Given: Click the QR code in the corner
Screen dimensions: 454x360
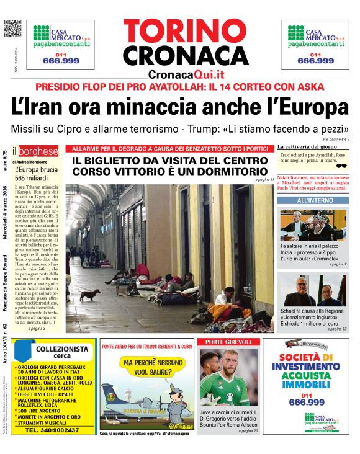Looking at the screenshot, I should click(12, 29).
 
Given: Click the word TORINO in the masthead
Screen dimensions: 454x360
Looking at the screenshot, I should click(186, 31).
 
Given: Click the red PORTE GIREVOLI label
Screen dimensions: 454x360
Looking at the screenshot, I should click(224, 342).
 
